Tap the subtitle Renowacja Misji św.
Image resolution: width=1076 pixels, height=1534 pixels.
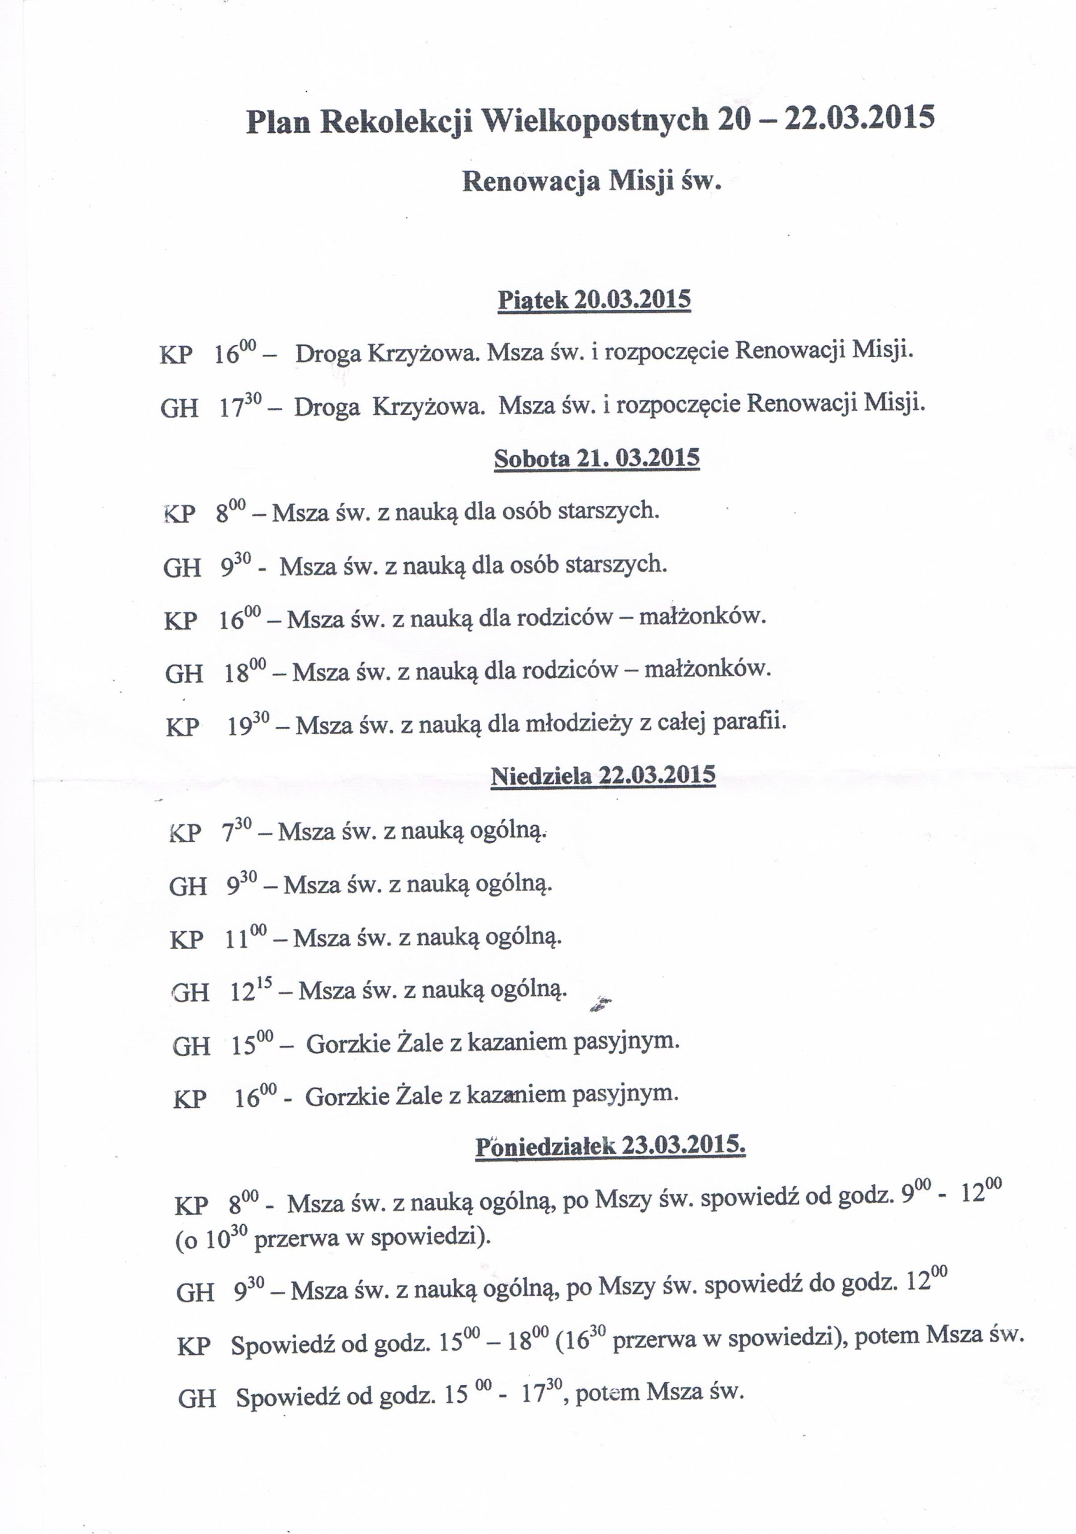pyautogui.click(x=592, y=182)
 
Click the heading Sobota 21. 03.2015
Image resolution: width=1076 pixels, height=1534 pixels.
pyautogui.click(x=596, y=458)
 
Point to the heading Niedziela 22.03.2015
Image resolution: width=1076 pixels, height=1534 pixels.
pyautogui.click(x=603, y=775)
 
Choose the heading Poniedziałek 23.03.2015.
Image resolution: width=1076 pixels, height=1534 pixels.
pyautogui.click(x=610, y=1146)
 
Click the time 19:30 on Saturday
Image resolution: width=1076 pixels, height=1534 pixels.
pyautogui.click(x=248, y=725)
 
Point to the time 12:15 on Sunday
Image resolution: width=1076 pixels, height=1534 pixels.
pyautogui.click(x=252, y=992)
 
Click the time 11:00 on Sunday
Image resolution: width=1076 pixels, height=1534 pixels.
pyautogui.click(x=245, y=938)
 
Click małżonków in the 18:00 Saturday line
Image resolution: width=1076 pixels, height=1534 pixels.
pyautogui.click(x=707, y=669)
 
